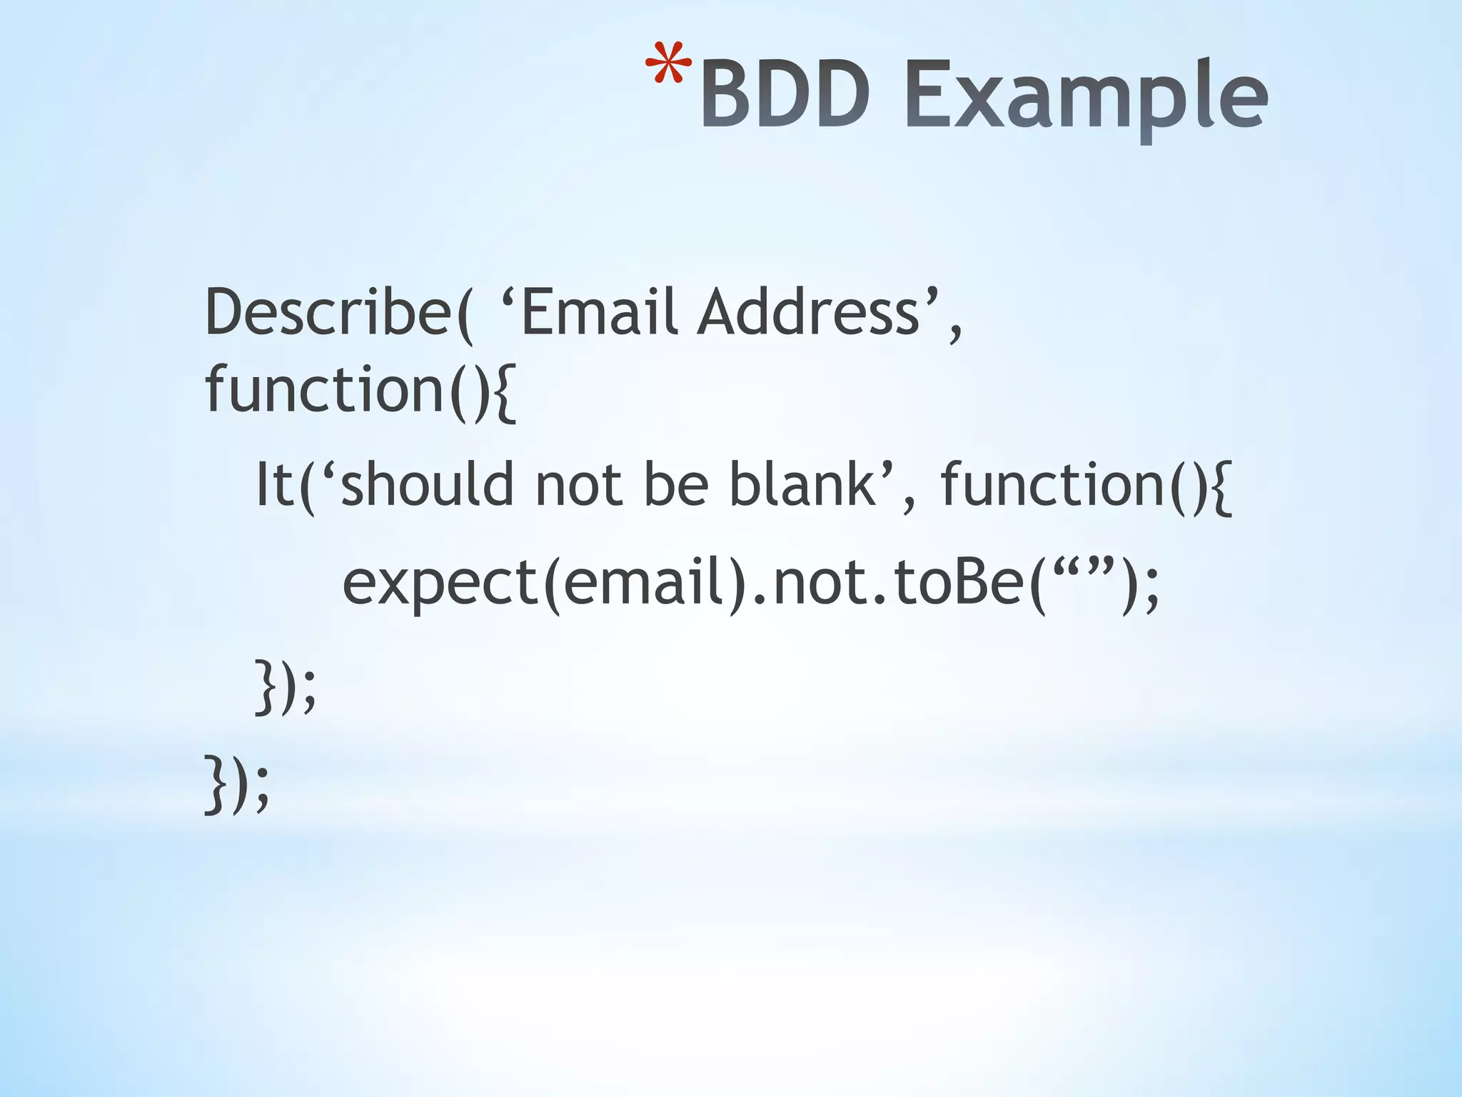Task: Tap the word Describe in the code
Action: (x=328, y=312)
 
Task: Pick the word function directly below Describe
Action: (x=326, y=389)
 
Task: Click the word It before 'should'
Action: (x=275, y=485)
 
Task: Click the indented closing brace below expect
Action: (x=264, y=687)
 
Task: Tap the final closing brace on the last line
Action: (x=213, y=783)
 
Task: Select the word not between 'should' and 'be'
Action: (x=578, y=485)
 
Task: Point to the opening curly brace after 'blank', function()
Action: (x=1221, y=486)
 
